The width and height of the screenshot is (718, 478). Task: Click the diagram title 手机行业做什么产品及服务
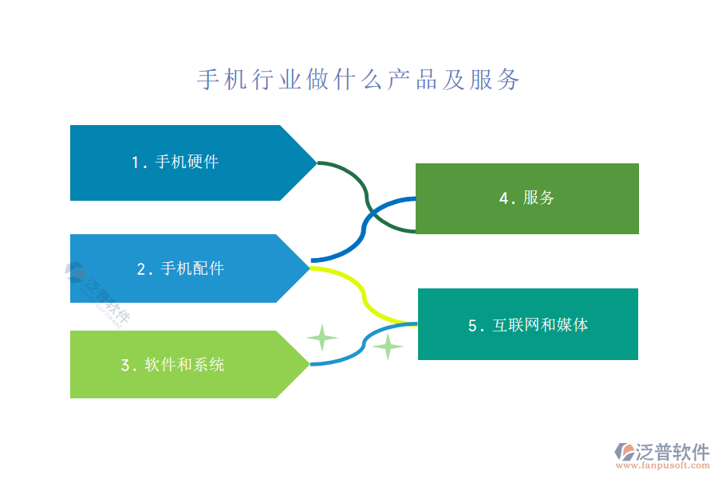click(358, 80)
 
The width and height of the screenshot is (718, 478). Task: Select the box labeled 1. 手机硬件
click(176, 163)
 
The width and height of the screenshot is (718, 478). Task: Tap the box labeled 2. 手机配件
click(176, 268)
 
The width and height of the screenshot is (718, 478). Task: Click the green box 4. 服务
click(527, 198)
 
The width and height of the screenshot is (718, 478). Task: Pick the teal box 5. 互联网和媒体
click(528, 324)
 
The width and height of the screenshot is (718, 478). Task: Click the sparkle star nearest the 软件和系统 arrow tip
click(322, 338)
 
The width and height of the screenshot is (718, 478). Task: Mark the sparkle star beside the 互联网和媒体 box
click(388, 347)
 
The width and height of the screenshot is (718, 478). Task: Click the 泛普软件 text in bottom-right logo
click(673, 453)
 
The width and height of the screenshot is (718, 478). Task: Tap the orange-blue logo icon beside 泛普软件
click(624, 452)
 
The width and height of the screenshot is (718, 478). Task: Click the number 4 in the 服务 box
click(504, 198)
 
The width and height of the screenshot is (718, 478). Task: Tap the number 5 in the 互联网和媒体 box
click(472, 325)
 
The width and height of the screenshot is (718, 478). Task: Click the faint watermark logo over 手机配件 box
click(97, 292)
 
